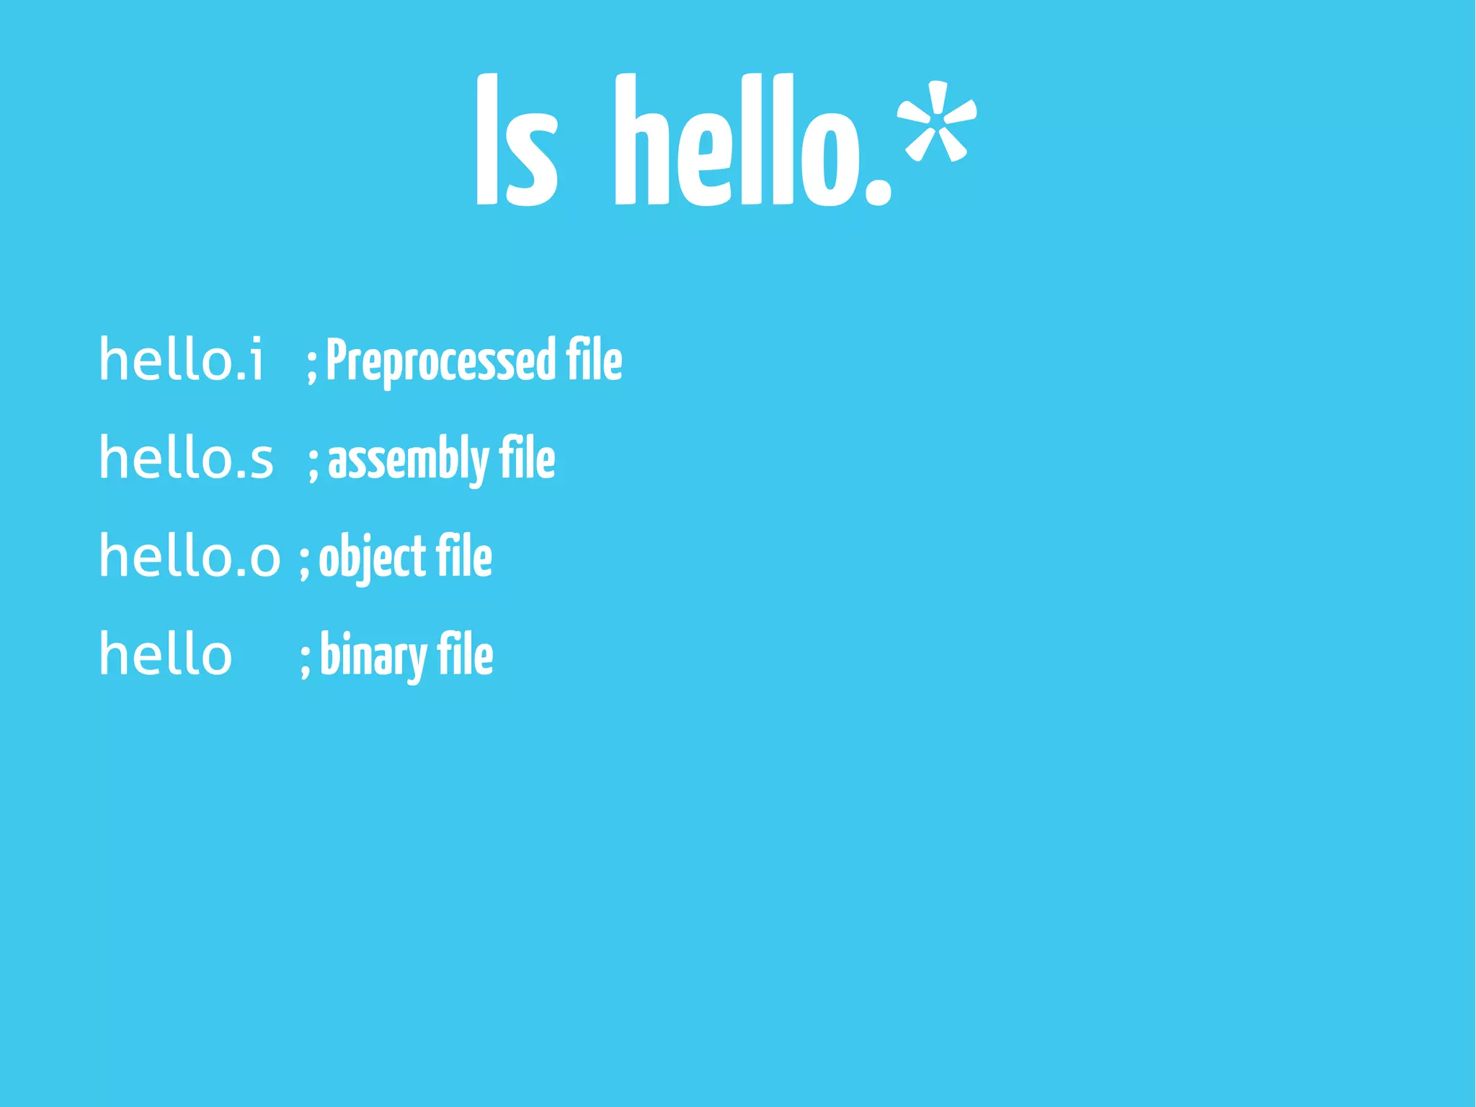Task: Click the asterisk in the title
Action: coord(937,121)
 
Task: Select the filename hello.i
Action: coord(182,359)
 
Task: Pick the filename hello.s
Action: coord(186,458)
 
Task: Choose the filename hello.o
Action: coord(189,556)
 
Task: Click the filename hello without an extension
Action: coord(166,654)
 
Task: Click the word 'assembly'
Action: coord(408,459)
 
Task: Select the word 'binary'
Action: coord(373,656)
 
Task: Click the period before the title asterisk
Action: coord(877,190)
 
